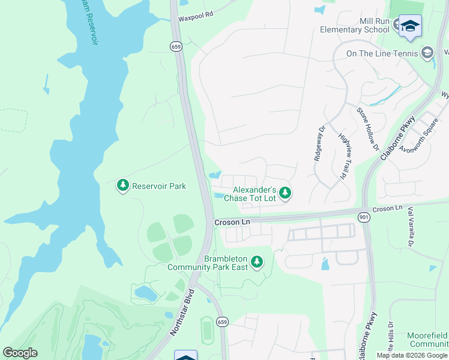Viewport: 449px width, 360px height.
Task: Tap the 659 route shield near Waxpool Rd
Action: [x=176, y=46]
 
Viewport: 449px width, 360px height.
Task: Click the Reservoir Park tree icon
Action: [x=123, y=186]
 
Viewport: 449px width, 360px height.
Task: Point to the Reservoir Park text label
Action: [x=159, y=186]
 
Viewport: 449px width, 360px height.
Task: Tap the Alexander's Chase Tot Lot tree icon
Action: [x=286, y=193]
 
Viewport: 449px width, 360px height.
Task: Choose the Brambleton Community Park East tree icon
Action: [x=257, y=262]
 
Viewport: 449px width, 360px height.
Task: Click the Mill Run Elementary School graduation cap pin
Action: [x=410, y=26]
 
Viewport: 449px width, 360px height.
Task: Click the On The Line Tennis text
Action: [x=382, y=53]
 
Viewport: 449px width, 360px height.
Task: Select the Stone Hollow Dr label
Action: [x=367, y=128]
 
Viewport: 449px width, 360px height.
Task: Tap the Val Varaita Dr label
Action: [x=411, y=227]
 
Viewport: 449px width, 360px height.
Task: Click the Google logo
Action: [x=20, y=353]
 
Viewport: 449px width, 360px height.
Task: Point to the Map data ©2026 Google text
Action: [x=412, y=355]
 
